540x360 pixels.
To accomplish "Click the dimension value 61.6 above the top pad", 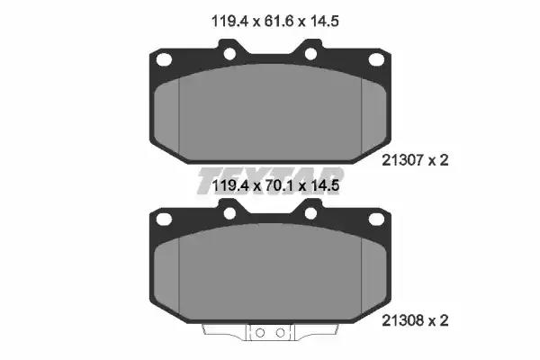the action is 279,22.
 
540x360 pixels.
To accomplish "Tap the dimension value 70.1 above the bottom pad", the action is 279,186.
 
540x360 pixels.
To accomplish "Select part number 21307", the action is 402,160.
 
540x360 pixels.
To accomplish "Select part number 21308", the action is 402,320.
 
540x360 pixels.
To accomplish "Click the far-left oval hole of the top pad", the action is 164,59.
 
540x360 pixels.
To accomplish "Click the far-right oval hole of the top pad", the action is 376,59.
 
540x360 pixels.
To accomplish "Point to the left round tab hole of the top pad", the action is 229,54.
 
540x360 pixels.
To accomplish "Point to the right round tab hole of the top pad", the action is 310,54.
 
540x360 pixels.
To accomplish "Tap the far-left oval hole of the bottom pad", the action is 164,219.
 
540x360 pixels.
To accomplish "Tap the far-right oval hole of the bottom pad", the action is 376,219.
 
